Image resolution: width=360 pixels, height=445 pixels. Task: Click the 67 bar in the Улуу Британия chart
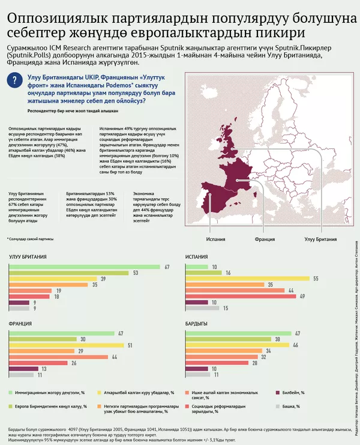point(84,266)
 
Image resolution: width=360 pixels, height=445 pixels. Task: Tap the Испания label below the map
point(216,240)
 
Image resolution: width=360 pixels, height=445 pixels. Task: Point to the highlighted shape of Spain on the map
point(220,196)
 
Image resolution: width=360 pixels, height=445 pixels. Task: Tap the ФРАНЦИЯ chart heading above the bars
point(20,324)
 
